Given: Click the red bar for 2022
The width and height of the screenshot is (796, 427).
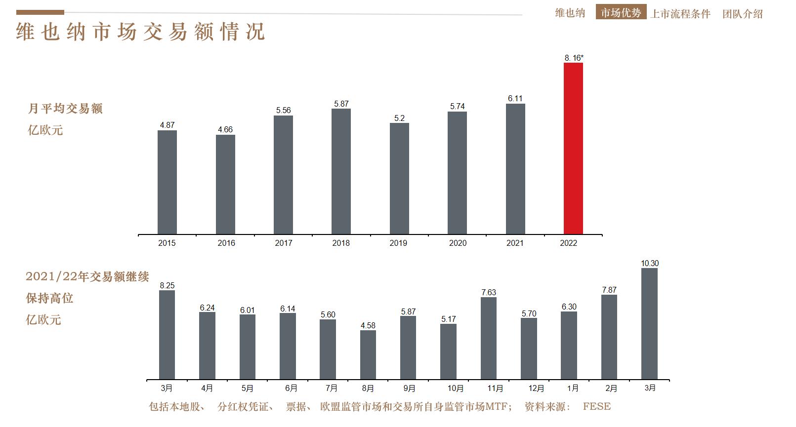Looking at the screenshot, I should pos(573,148).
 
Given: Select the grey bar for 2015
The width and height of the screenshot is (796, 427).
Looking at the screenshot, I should pos(167,182).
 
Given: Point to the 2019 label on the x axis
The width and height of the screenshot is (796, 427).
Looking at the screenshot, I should pos(398,243).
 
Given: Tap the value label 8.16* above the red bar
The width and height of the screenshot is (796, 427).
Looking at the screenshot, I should pos(574,58).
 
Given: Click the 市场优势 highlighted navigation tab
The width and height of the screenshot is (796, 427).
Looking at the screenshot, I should pos(621,13).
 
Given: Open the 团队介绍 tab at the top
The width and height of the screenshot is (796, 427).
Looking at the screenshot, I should pos(742,14).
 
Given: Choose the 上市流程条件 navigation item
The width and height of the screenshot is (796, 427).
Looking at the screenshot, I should pos(680,14).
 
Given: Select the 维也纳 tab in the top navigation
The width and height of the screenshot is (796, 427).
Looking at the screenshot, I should pos(570,13).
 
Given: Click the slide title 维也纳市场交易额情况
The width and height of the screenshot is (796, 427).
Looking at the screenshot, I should pos(141,32).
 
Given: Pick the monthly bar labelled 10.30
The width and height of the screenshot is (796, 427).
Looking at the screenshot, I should pos(649,324).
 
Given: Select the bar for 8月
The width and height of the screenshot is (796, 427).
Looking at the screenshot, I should pos(368,355).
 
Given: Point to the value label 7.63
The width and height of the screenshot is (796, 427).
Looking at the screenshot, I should pos(489,292).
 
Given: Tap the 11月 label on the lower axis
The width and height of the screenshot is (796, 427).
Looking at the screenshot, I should pos(495,388).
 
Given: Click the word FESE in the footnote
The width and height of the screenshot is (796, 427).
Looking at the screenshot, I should pos(596,407).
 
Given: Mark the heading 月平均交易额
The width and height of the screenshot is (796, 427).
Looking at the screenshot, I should pos(65,109).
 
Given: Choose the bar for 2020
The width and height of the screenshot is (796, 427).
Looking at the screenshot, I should pos(457,173).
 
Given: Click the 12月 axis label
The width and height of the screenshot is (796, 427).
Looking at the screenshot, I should pos(536,388).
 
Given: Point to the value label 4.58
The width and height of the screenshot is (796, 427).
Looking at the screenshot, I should pos(368,325).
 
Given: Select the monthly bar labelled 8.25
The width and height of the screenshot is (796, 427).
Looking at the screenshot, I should pos(167,335).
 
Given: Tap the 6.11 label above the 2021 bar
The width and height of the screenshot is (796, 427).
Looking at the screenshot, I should pos(515,98).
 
